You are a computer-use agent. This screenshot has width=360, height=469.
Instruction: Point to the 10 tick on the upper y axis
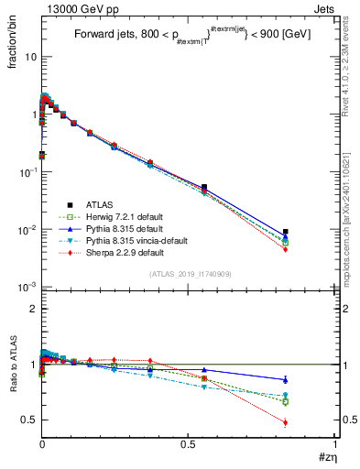(x=29, y=57)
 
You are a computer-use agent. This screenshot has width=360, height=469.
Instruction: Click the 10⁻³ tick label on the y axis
(x=27, y=287)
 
